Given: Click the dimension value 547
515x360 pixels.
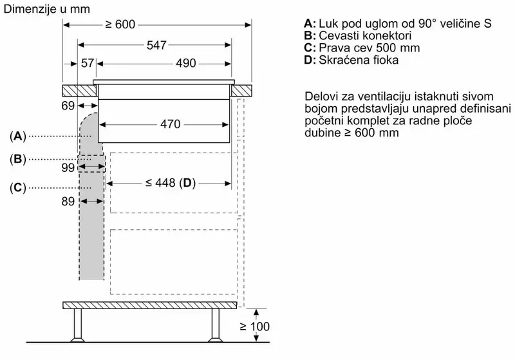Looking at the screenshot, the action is click(156, 45).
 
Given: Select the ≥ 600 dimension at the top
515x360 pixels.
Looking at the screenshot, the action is click(120, 24).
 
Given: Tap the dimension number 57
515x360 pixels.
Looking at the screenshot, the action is click(88, 63).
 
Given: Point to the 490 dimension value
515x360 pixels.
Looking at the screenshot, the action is click(185, 63).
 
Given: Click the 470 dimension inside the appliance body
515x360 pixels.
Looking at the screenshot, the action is click(171, 124).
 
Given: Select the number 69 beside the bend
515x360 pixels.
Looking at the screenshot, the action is click(68, 106).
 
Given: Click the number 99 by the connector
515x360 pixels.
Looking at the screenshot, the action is click(68, 168).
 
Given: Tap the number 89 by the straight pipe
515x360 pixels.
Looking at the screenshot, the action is click(68, 202).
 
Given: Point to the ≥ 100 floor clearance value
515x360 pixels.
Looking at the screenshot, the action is click(254, 327).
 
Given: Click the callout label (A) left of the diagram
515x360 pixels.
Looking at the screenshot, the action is click(18, 136).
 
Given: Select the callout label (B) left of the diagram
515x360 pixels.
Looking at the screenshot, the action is click(18, 159).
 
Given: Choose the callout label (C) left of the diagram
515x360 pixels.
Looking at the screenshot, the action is click(18, 188).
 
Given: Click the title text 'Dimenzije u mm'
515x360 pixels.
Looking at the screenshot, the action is click(46, 9).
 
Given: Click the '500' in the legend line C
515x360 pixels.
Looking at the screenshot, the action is click(386, 48).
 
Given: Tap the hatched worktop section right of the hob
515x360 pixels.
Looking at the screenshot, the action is click(241, 91).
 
